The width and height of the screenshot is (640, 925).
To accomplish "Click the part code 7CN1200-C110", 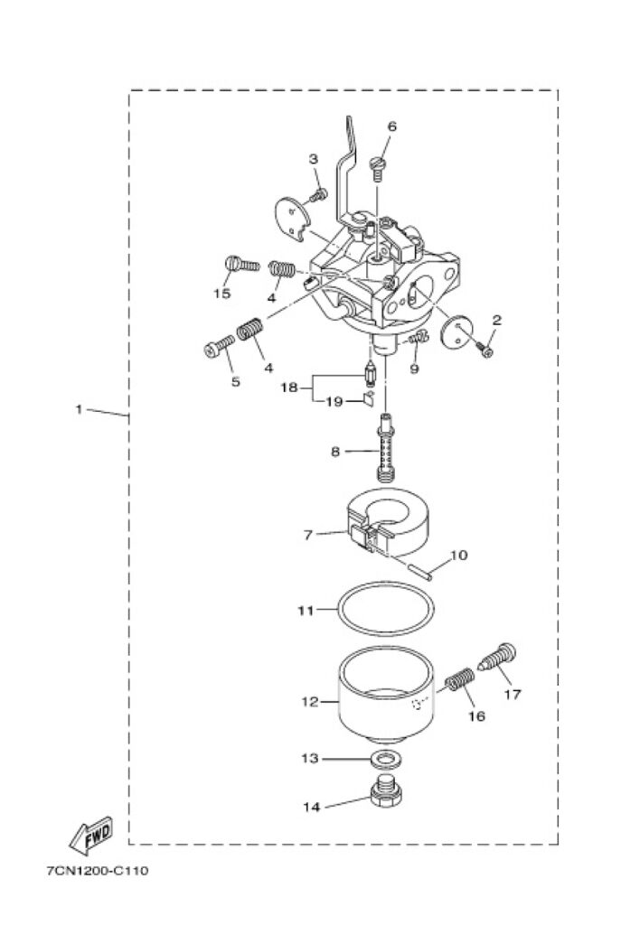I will point(98,872).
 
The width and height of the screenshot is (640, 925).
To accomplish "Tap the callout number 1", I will point(79,409).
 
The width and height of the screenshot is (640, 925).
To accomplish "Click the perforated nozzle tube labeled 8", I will point(387,447).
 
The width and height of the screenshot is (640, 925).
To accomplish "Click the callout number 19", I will point(333,402).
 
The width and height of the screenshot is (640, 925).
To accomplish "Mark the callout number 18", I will point(288,387).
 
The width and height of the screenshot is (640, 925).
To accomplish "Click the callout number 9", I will point(414,369).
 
